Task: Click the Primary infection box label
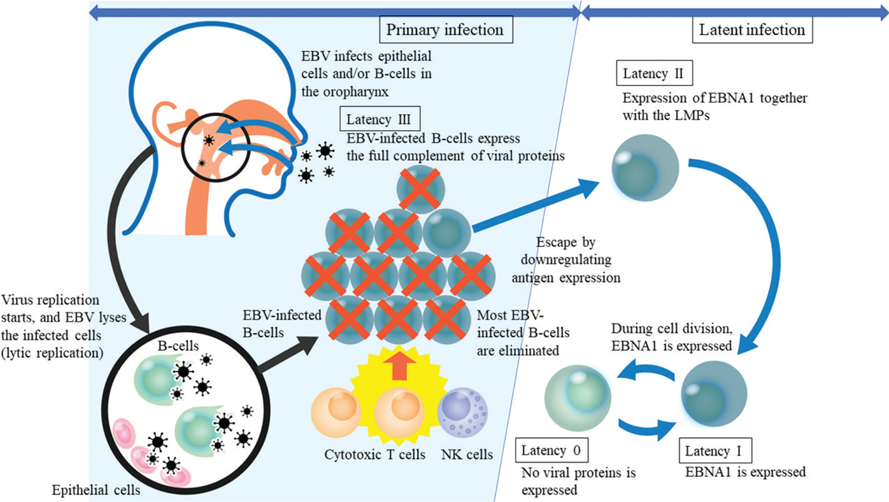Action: pyautogui.click(x=444, y=29)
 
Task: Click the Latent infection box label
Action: pyautogui.click(x=752, y=29)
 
